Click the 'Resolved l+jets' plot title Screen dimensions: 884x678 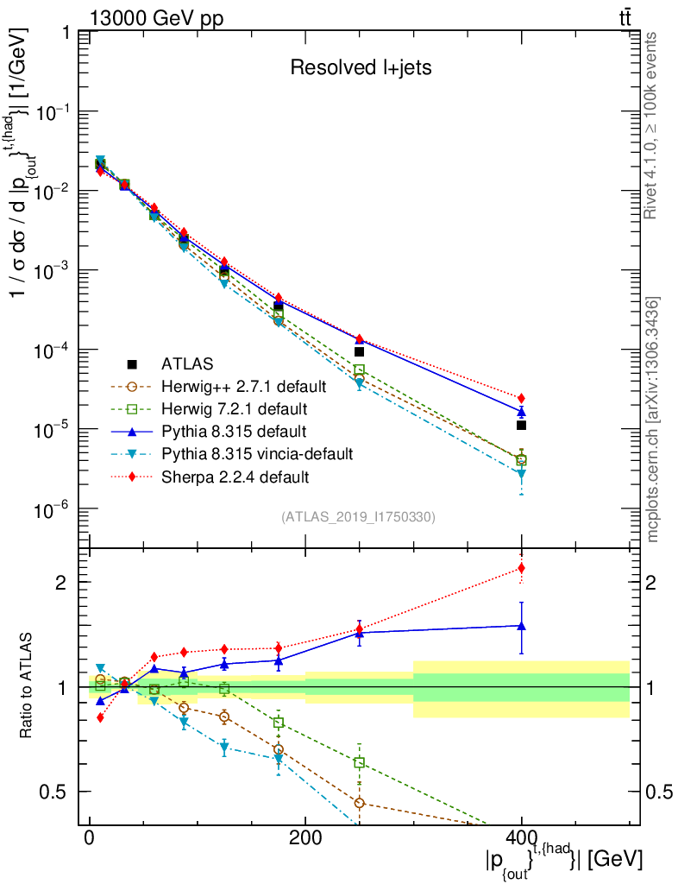coord(361,67)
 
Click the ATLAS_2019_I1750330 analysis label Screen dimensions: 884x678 coord(358,517)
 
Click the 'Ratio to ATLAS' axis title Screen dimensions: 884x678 coord(28,687)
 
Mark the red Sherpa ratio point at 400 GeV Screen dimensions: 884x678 coord(521,568)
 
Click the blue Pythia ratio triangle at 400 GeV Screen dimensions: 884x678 coord(521,626)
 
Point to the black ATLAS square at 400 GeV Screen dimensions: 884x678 coord(521,425)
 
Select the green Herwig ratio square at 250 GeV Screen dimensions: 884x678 coord(359,762)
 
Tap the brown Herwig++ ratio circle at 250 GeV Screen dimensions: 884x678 coord(359,803)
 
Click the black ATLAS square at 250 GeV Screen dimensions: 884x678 coord(359,351)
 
